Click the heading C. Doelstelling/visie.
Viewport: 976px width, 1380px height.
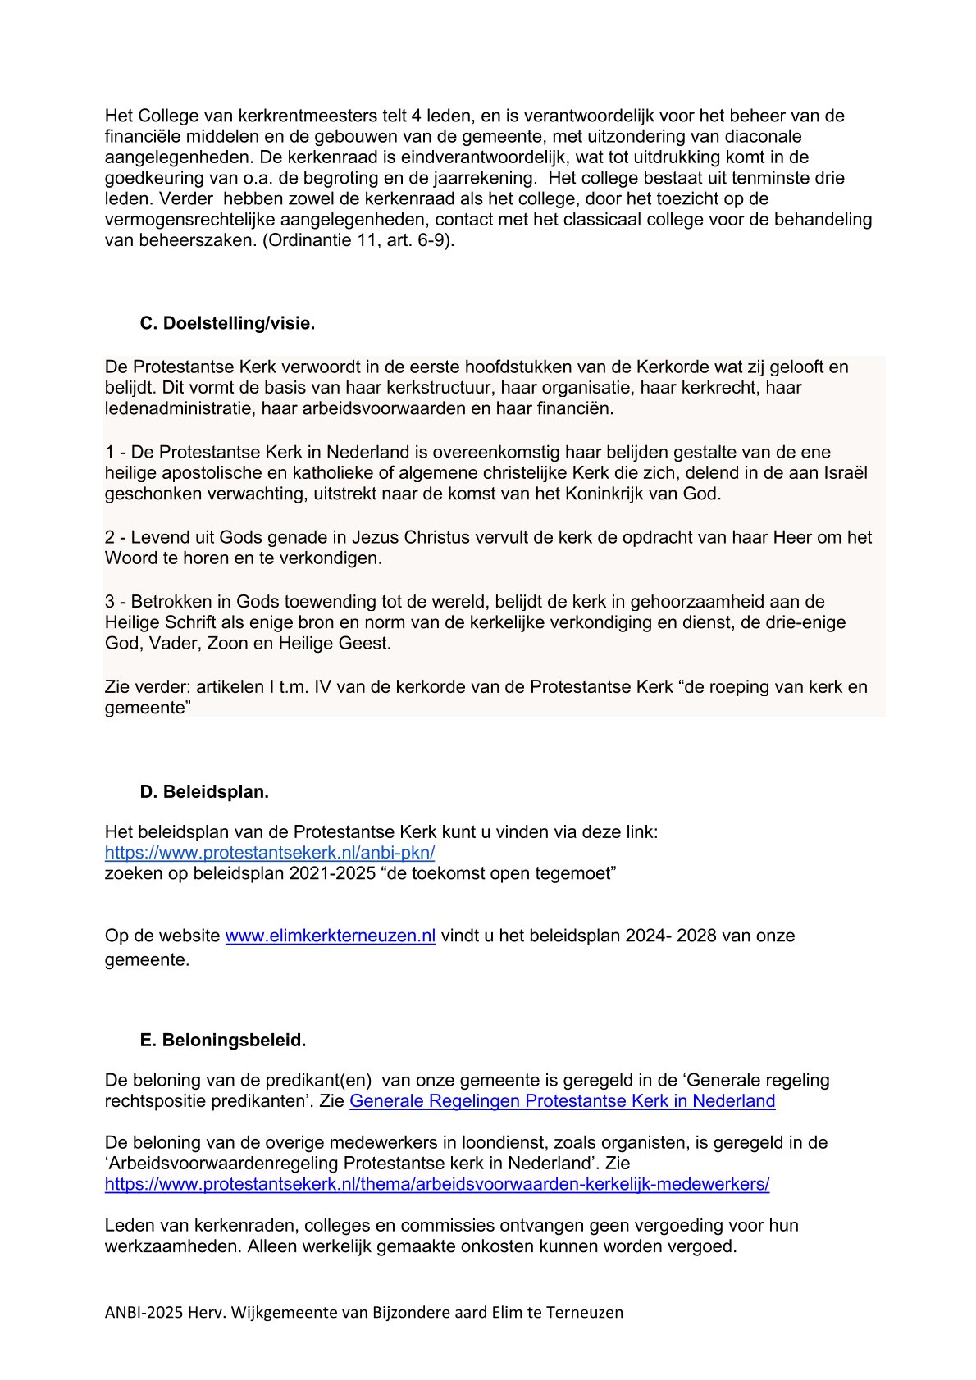227,323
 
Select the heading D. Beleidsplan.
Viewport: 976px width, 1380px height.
204,791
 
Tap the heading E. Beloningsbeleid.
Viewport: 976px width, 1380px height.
222,1040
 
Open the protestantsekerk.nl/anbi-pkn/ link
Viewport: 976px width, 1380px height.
270,852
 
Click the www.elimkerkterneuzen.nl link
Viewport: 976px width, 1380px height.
330,936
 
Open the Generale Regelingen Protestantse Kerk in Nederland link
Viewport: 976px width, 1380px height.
562,1100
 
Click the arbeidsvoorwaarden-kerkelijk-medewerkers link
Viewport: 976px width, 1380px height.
437,1183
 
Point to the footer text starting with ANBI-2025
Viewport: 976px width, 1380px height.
363,1312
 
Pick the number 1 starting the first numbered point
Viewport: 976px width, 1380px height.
109,452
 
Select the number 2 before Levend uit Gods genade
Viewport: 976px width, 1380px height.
110,537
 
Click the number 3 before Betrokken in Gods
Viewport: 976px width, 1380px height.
110,601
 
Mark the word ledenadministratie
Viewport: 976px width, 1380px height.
179,408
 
